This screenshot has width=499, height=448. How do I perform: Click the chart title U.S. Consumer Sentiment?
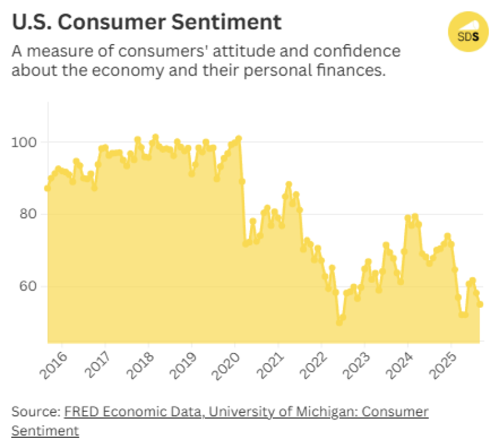(146, 22)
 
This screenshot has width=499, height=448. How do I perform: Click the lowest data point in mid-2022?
(339, 321)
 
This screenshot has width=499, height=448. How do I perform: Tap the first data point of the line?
(48, 188)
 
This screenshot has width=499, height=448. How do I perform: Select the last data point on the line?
(480, 304)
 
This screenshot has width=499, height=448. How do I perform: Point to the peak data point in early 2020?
(238, 139)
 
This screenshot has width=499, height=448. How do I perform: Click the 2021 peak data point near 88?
(289, 185)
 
